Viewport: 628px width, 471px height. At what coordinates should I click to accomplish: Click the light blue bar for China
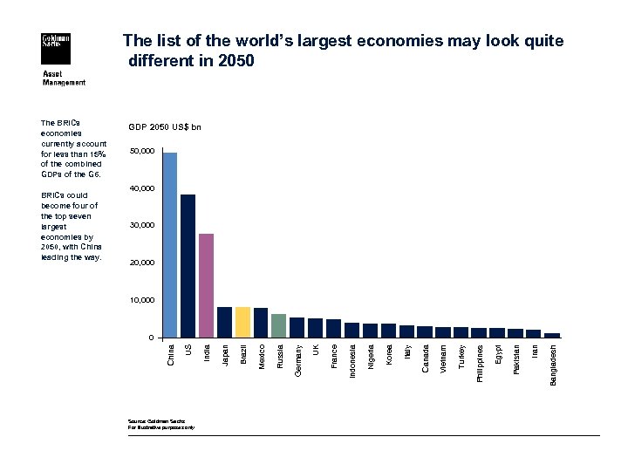coord(170,245)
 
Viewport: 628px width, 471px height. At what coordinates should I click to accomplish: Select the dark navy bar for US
coord(188,266)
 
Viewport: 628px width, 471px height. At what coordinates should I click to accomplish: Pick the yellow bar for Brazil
coord(242,322)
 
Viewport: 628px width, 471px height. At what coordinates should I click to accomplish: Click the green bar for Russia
coord(278,325)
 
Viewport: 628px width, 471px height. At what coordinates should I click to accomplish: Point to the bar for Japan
coord(224,322)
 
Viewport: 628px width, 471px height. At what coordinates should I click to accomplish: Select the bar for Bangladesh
coord(551,335)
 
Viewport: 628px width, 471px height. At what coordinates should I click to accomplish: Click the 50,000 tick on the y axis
coord(141,152)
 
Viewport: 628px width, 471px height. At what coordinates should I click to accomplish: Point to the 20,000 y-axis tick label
coord(141,263)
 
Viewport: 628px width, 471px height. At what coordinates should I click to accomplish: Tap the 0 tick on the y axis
coord(151,338)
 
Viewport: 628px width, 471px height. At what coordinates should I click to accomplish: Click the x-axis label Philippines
coord(479,362)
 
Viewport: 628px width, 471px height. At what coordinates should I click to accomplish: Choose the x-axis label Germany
coord(297,358)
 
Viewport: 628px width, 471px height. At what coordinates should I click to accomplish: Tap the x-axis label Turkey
coord(461,356)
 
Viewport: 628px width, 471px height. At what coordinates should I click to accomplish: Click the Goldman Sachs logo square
coord(57,50)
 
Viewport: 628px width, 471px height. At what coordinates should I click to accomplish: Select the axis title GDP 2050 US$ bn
coord(164,127)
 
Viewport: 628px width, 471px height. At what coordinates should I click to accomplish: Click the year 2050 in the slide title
coord(234,61)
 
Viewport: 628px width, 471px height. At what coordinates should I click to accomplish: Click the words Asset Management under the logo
coord(65,78)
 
